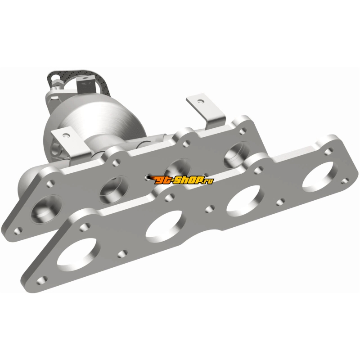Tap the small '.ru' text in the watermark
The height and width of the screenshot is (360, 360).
coord(208,181)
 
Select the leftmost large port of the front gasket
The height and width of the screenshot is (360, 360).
coord(77,254)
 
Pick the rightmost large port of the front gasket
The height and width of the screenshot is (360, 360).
coord(318,177)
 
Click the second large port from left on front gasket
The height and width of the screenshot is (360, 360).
coord(165,224)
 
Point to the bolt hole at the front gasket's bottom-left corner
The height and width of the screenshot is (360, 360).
coord(42,280)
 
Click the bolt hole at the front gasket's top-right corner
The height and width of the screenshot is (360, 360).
coord(328,151)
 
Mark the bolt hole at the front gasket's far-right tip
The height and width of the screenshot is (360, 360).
coord(345,181)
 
